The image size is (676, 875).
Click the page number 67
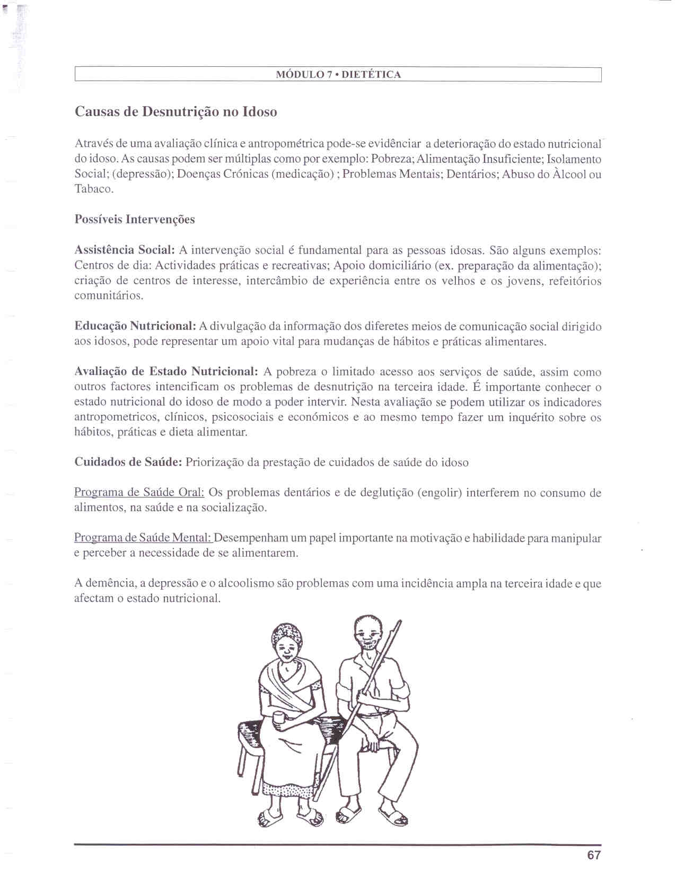click(x=594, y=855)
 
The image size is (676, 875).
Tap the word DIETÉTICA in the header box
click(x=371, y=75)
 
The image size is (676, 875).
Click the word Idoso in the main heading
click(x=260, y=112)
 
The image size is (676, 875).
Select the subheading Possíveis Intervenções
click(x=135, y=220)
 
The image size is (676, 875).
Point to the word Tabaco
click(x=93, y=189)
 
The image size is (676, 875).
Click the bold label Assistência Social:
click(x=125, y=250)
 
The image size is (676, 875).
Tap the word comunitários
click(x=109, y=296)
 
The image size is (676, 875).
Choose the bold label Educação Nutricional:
click(x=136, y=326)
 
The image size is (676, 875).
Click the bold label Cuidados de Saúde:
click(x=128, y=462)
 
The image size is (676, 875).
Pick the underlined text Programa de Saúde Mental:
click(x=143, y=538)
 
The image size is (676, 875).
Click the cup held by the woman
click(x=279, y=718)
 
